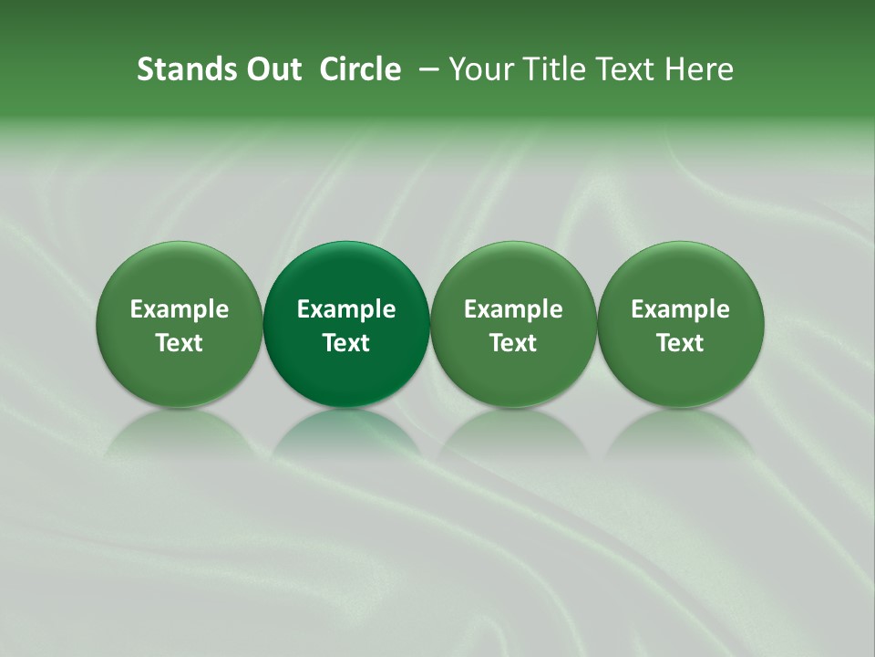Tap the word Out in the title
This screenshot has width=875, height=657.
pyautogui.click(x=271, y=69)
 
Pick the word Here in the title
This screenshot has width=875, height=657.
pyautogui.click(x=699, y=69)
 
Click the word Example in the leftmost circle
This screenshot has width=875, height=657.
pyautogui.click(x=180, y=309)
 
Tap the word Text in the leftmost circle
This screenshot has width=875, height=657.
pyautogui.click(x=180, y=343)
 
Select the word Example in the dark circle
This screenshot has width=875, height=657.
pyautogui.click(x=346, y=309)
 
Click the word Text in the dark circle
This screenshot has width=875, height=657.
pyautogui.click(x=346, y=343)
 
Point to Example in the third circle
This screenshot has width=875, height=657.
pyautogui.click(x=513, y=309)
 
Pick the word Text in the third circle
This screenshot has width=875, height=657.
pyautogui.click(x=513, y=343)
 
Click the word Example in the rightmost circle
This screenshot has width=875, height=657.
pyautogui.click(x=680, y=309)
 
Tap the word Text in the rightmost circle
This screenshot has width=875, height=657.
pyautogui.click(x=680, y=343)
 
